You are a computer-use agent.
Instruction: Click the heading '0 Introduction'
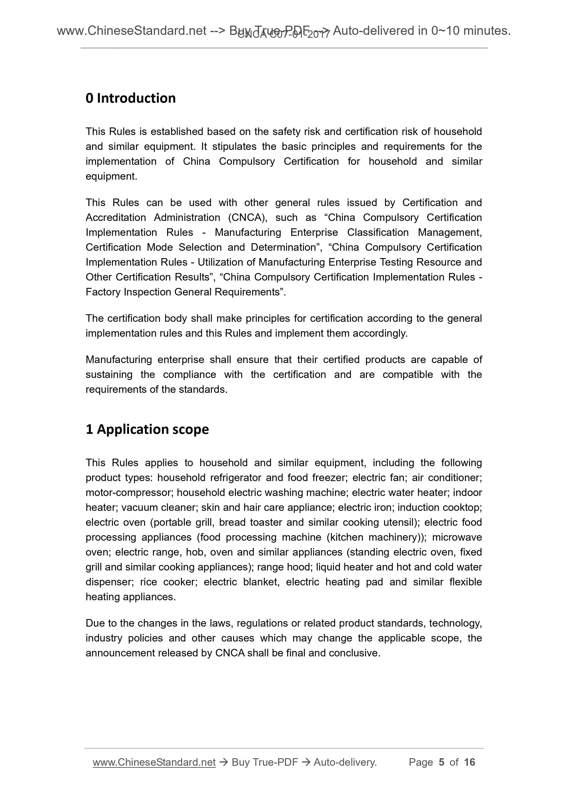point(130,98)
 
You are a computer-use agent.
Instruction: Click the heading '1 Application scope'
point(147,429)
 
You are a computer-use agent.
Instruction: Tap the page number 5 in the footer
point(441,762)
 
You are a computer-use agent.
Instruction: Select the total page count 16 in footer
point(469,762)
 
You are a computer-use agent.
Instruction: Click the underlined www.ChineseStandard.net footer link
point(154,762)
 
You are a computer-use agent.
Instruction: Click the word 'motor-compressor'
point(129,493)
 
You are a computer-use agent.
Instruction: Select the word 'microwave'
point(457,537)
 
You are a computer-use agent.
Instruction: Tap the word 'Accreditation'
point(116,218)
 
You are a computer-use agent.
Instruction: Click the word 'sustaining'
point(109,375)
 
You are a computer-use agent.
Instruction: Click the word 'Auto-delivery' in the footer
point(344,762)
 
